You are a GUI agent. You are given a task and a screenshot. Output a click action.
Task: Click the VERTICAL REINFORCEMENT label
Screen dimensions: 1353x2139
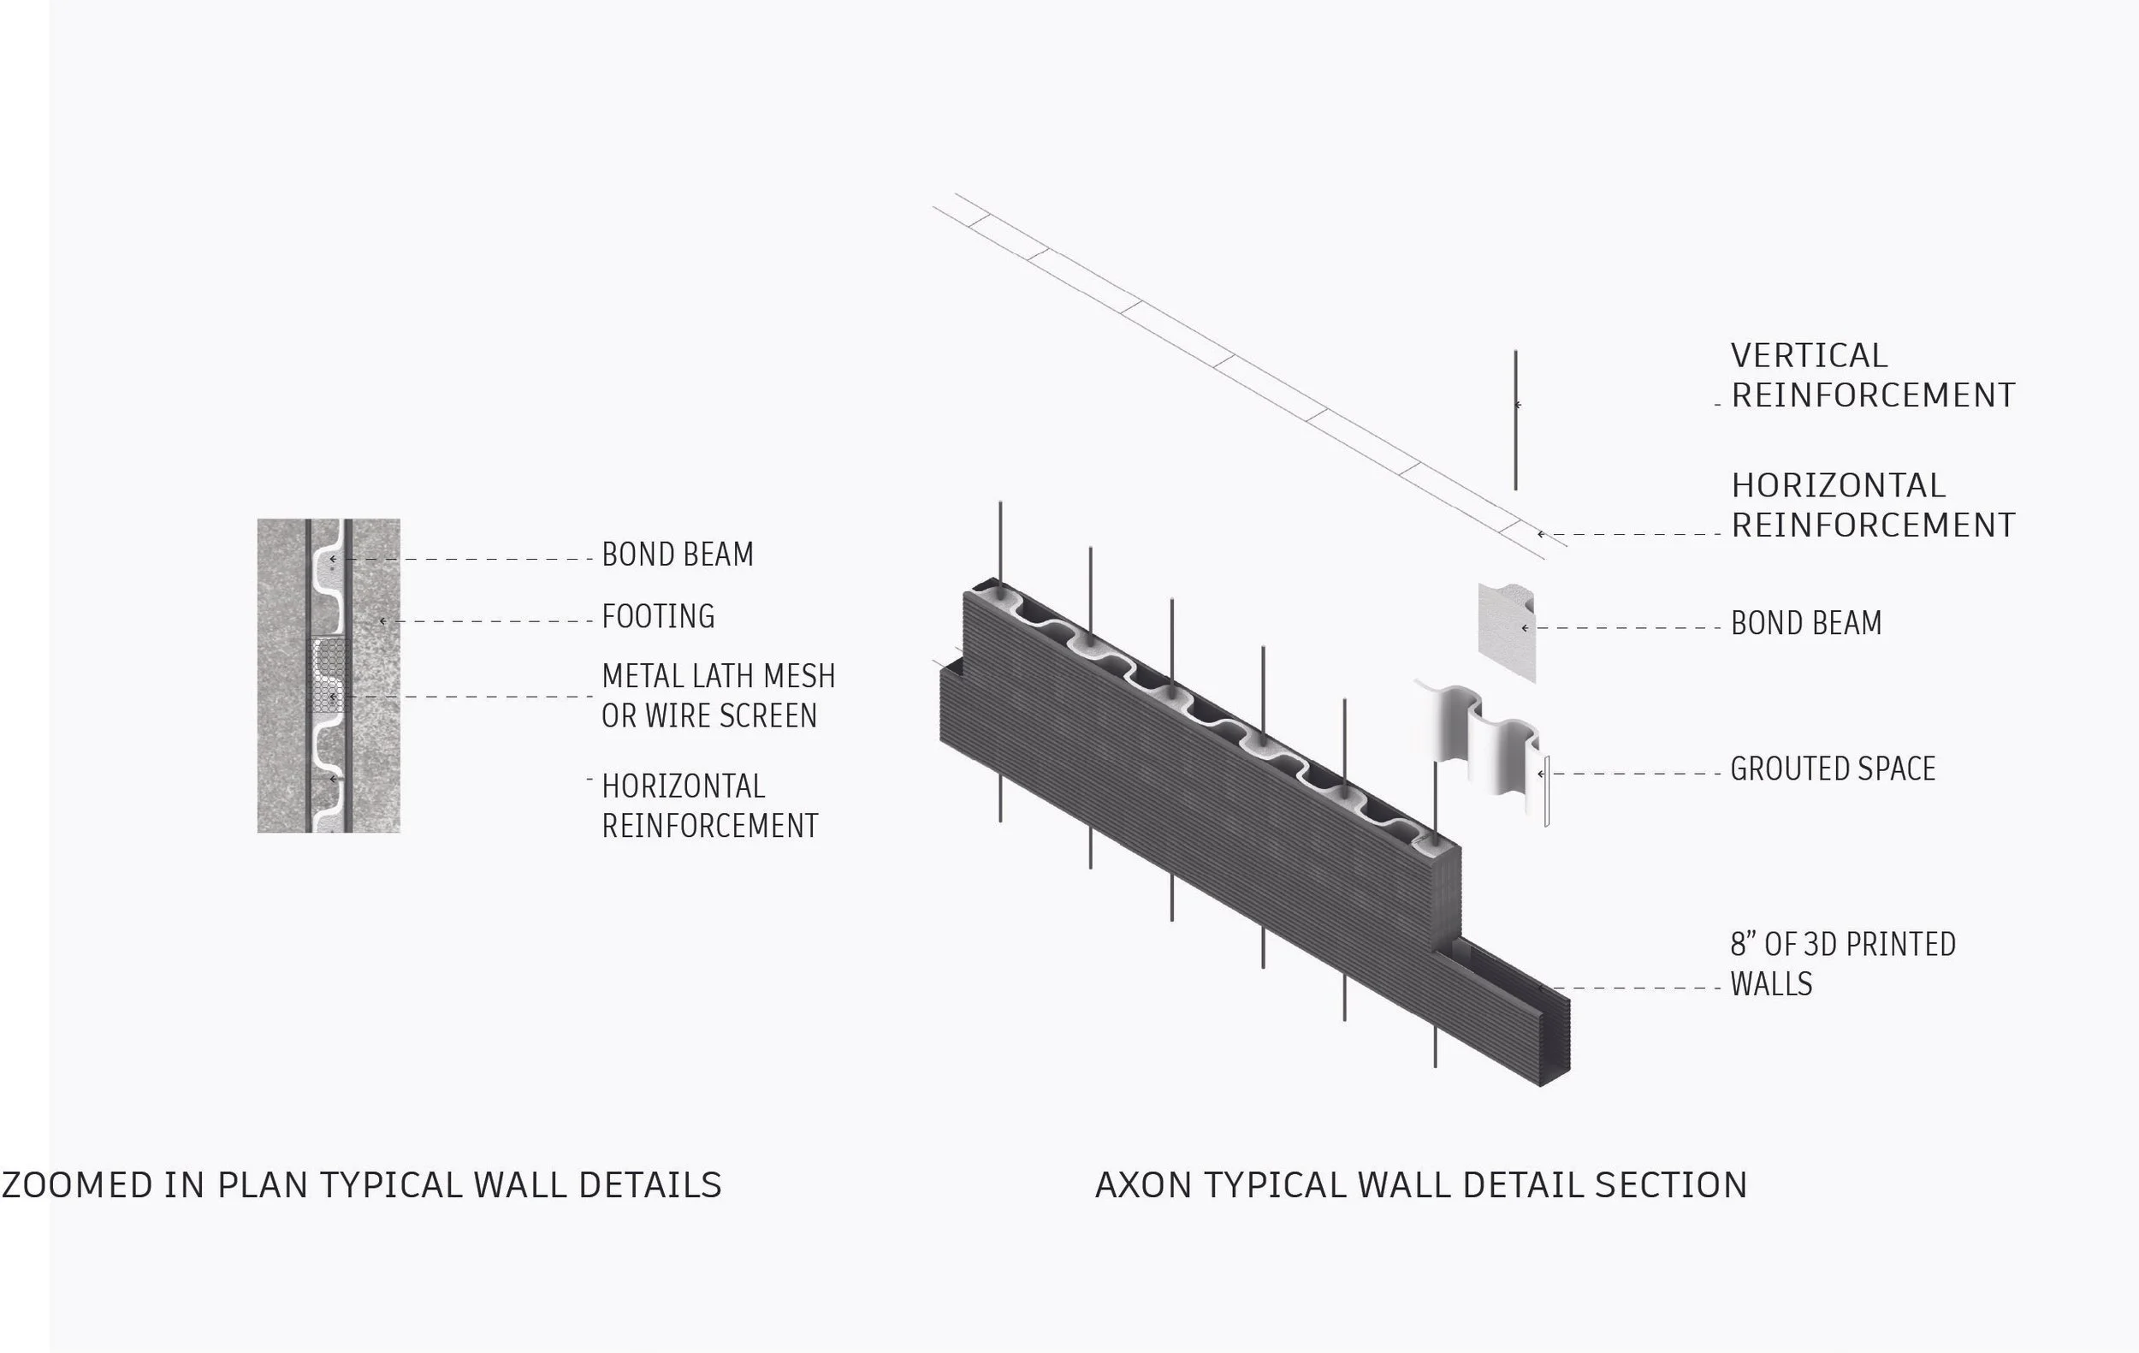[1873, 375]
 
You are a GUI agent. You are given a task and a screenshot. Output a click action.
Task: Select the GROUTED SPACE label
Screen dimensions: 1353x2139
[1833, 768]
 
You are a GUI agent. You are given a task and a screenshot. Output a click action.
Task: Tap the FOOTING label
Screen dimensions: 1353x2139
[658, 616]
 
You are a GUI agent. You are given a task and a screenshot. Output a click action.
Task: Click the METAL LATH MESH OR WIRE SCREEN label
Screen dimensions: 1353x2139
[718, 696]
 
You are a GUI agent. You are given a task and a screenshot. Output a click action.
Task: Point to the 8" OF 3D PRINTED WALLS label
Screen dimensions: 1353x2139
[1842, 964]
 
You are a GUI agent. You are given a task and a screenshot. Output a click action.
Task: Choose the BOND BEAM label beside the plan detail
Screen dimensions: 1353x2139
[678, 555]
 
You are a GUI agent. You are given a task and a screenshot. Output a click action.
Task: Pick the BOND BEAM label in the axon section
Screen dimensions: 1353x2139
[1806, 624]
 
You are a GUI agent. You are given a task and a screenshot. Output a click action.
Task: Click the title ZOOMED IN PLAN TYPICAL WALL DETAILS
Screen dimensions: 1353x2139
[362, 1185]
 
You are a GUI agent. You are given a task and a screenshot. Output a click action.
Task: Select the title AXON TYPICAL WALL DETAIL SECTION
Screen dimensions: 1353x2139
[1421, 1185]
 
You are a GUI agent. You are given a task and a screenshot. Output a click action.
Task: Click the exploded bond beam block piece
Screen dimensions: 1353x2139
[1506, 632]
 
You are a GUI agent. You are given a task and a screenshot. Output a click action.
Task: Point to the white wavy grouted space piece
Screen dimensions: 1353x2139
[1479, 738]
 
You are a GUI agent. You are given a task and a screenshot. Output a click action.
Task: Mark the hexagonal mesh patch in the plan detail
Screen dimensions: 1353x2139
[329, 675]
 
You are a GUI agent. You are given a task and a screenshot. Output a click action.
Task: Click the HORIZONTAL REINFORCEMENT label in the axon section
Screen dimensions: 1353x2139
[1873, 505]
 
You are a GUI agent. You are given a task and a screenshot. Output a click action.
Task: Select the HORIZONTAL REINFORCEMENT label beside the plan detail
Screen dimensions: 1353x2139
[708, 806]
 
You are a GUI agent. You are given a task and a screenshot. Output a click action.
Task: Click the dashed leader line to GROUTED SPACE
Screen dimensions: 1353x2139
[1634, 774]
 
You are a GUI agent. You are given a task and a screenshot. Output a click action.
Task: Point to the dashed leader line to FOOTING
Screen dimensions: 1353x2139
[489, 622]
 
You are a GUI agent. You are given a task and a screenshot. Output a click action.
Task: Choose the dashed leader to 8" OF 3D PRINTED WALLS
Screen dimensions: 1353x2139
[1638, 988]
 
